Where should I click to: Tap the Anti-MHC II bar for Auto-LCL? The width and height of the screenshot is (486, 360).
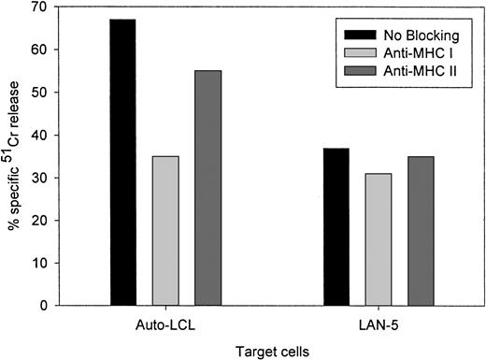click(207, 187)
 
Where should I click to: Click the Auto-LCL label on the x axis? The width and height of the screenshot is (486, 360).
click(165, 323)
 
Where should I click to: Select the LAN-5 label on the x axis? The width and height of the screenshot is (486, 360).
click(379, 323)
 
